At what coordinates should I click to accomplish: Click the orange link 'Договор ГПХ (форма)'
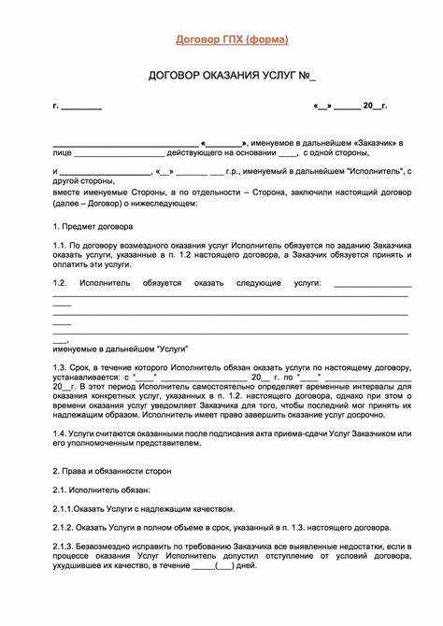pos(232,39)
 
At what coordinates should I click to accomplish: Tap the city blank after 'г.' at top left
pos(81,106)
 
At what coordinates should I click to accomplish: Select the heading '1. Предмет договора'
pos(93,226)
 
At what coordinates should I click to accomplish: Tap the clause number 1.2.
pos(61,281)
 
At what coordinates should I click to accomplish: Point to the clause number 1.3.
pos(61,367)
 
